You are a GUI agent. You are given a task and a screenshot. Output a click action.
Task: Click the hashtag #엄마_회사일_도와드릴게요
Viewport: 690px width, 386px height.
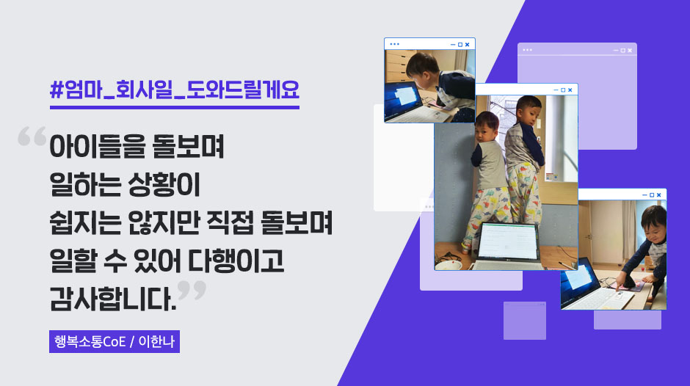point(175,90)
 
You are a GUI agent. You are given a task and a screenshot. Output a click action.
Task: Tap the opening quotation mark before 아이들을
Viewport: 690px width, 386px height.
point(32,136)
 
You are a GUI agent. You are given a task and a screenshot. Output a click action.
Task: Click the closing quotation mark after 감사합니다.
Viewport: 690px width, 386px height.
point(192,290)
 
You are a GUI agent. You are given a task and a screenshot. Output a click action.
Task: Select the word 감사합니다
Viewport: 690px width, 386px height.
point(113,299)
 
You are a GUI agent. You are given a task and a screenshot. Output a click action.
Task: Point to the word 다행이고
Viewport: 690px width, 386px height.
point(236,261)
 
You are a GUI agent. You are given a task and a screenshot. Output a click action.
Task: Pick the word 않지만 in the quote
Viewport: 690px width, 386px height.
point(164,222)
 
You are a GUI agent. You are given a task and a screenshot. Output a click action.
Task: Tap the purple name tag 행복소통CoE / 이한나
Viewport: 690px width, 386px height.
point(115,341)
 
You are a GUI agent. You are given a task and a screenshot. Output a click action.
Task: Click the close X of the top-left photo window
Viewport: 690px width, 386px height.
point(468,45)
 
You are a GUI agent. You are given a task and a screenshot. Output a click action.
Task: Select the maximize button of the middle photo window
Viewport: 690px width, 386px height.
point(563,90)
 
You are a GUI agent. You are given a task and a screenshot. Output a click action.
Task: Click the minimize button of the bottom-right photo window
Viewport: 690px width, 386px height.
point(644,195)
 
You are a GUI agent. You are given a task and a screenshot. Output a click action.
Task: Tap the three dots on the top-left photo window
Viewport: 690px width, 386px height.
point(394,44)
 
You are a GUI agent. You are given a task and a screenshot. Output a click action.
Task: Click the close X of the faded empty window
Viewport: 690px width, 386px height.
point(630,50)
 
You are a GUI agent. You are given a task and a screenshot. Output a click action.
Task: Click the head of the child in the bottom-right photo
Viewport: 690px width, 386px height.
point(654,224)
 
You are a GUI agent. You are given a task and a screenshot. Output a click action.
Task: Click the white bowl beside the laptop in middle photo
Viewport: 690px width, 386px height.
point(448,265)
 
